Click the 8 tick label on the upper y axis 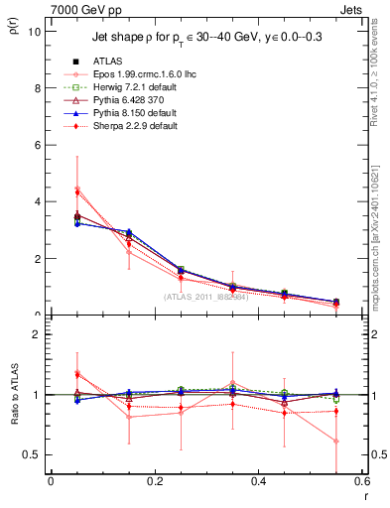pos(38,87)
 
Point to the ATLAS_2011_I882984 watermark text pos(205,297)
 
